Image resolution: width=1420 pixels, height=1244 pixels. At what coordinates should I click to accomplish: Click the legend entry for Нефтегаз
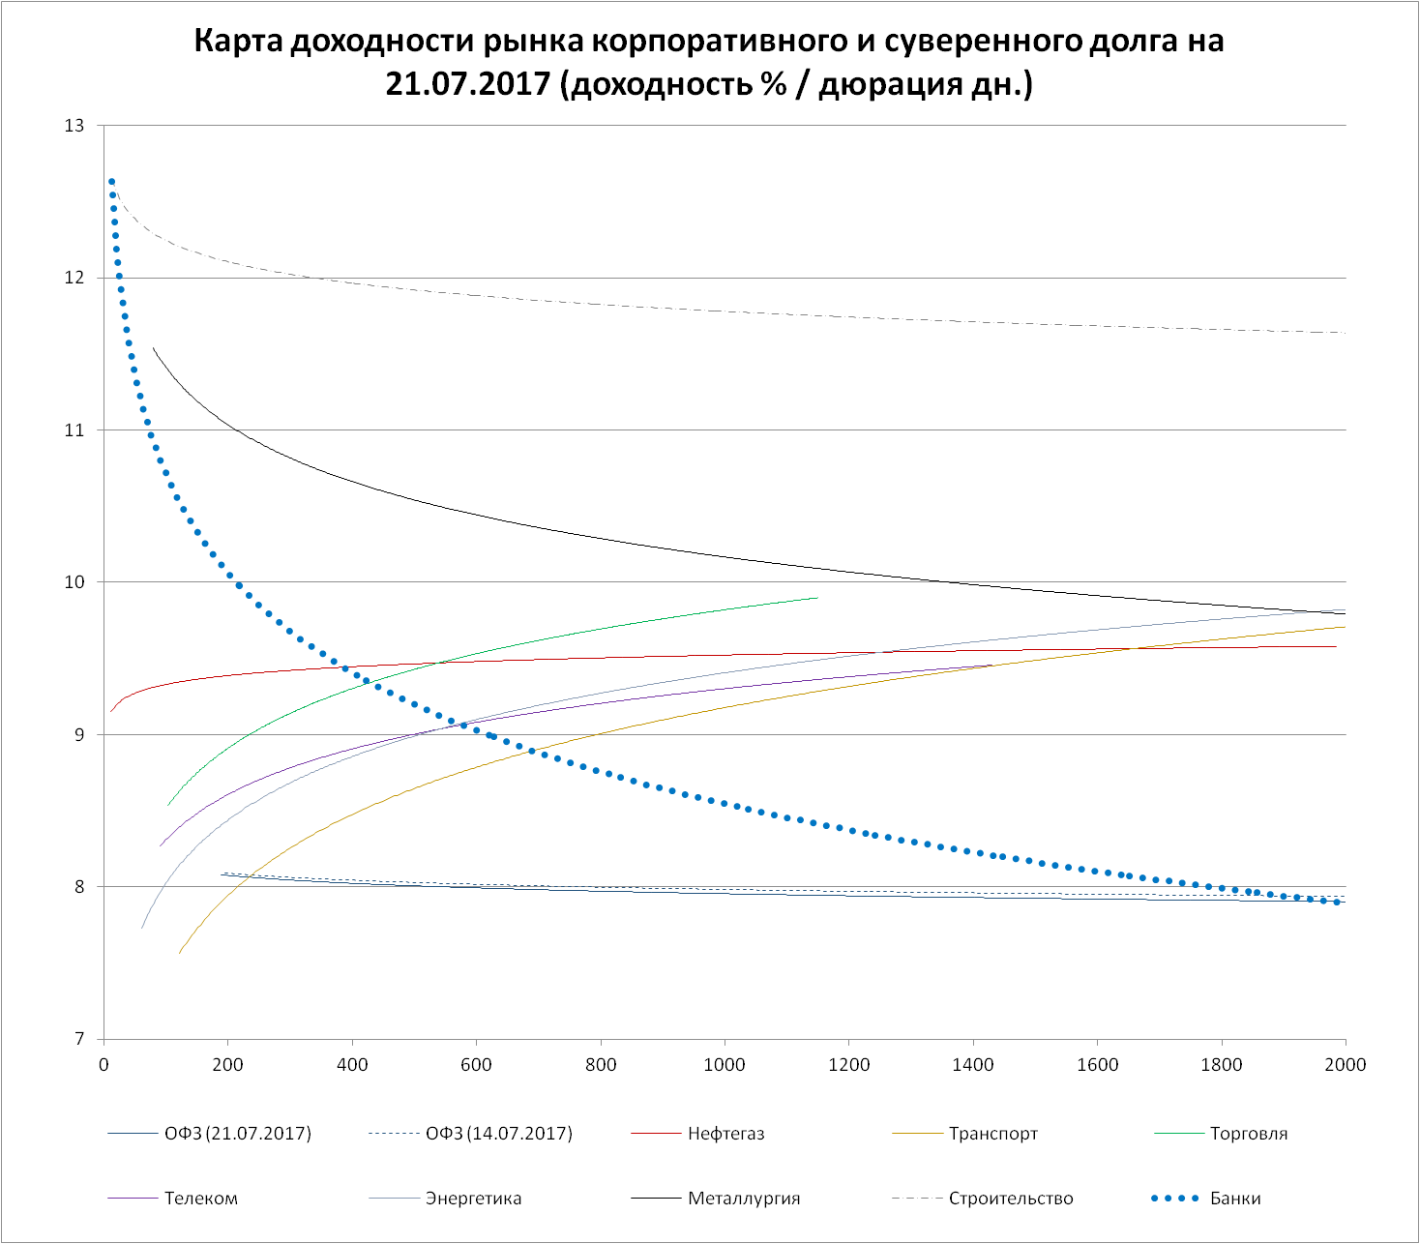pos(725,1134)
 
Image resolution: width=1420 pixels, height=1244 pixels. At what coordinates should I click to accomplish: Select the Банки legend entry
pos(1235,1199)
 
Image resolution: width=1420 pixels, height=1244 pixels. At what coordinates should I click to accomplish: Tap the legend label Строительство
pos(1011,1199)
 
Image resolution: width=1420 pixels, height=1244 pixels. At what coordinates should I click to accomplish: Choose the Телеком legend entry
pos(200,1199)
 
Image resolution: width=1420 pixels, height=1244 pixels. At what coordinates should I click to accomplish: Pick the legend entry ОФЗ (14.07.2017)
pos(498,1134)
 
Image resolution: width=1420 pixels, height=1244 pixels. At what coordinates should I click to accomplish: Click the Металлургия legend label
pos(744,1199)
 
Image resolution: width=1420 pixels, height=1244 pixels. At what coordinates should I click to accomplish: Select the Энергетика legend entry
pos(473,1199)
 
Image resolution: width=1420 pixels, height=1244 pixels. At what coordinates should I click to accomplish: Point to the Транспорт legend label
pos(992,1134)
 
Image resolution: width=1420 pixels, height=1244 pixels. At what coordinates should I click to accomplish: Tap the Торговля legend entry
pos(1248,1134)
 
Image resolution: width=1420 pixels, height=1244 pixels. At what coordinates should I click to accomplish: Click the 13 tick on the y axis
pos(74,126)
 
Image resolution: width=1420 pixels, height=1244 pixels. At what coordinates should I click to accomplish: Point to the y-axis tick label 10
pos(74,582)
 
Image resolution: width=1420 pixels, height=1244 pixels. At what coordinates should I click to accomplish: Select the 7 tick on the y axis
pos(79,1040)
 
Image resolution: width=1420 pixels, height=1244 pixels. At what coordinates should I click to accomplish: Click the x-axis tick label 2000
pos(1345,1065)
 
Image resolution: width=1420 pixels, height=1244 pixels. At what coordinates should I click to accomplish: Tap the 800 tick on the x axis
pos(601,1065)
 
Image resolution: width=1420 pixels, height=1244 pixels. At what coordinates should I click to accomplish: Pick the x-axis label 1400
pos(972,1065)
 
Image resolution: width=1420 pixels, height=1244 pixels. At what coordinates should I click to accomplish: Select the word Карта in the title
pos(236,42)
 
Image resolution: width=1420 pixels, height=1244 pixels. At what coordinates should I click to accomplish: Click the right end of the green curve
pos(817,598)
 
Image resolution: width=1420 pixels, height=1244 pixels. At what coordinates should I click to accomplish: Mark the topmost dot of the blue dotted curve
pos(111,182)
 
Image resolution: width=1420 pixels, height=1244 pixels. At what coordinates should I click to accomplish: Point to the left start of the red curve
pos(111,711)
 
